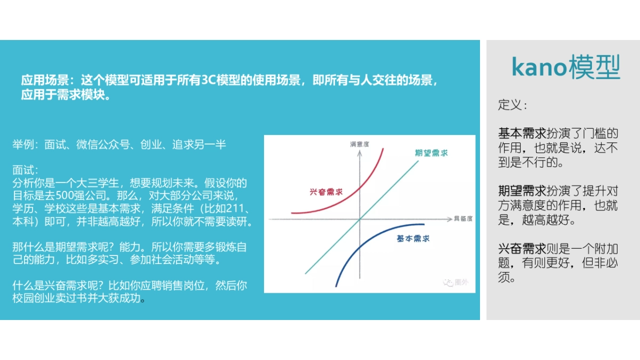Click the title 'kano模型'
click(x=566, y=68)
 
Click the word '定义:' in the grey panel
click(x=513, y=105)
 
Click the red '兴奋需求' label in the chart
click(x=325, y=191)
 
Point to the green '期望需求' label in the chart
click(x=431, y=153)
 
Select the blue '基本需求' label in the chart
click(x=413, y=239)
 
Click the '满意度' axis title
click(x=360, y=144)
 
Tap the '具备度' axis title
click(x=463, y=219)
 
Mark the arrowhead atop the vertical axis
click(x=360, y=153)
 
